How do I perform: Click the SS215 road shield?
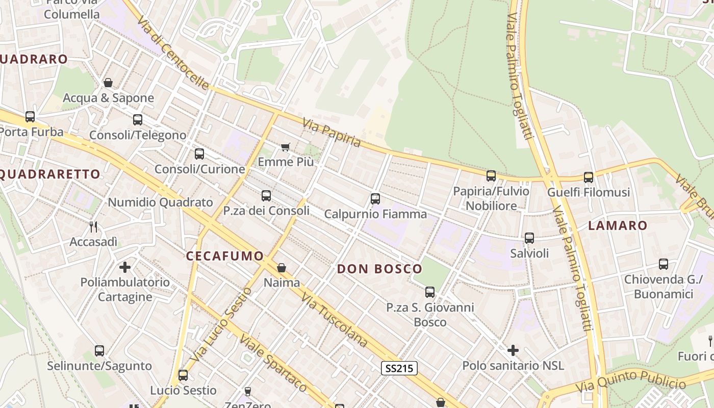[x=399, y=368]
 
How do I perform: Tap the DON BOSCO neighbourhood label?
[x=379, y=269]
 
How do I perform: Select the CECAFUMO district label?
[x=225, y=256]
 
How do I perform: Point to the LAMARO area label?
[x=618, y=225]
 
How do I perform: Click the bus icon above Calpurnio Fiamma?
[x=375, y=199]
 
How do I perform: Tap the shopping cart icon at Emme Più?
[x=286, y=147]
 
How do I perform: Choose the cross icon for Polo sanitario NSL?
[x=513, y=350]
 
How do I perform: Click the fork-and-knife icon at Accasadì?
[x=93, y=227]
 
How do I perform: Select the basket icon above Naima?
[x=282, y=268]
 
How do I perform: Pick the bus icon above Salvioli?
[x=529, y=238]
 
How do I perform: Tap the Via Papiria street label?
[x=331, y=133]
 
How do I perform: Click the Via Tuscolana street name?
[x=334, y=320]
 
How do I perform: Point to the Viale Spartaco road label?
[x=273, y=363]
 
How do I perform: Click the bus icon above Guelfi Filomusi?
[x=589, y=177]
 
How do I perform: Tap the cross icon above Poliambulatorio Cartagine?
[x=125, y=267]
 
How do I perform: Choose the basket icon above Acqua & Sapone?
[x=108, y=83]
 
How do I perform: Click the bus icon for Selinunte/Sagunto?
[x=99, y=351]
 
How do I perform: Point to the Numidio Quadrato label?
[x=160, y=202]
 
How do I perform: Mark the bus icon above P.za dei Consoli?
[x=266, y=196]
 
